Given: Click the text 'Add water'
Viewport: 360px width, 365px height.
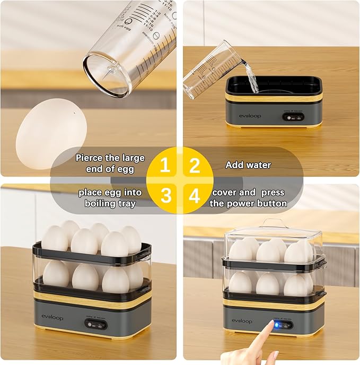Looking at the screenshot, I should tap(248, 165).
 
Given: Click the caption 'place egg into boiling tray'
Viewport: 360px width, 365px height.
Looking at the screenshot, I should tap(110, 198).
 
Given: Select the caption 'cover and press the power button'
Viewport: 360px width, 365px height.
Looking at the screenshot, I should tap(248, 198).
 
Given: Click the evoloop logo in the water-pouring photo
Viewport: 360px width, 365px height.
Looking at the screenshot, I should tap(249, 116).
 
